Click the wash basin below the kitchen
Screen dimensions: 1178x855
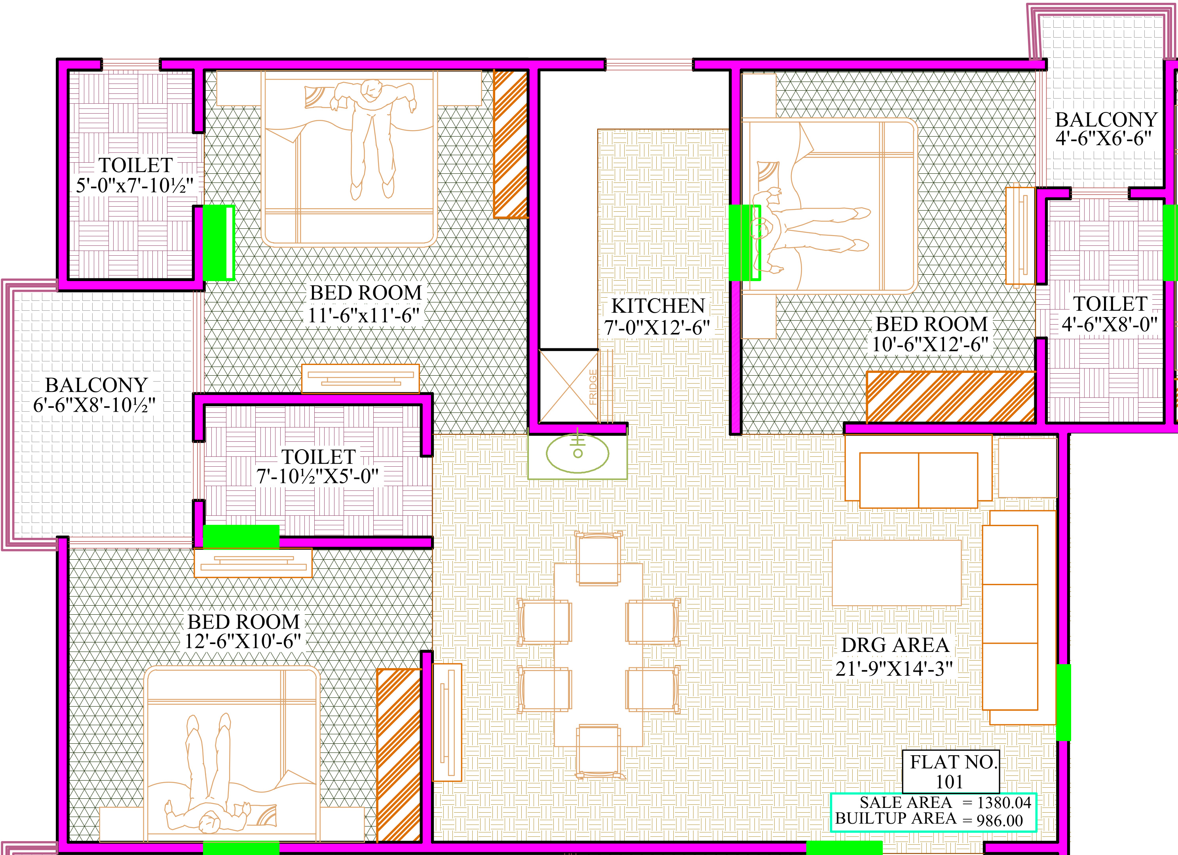pos(578,453)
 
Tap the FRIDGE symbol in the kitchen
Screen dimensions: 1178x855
pos(569,386)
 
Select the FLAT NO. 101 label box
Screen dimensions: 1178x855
pos(950,771)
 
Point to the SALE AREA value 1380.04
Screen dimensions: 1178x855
pos(1004,802)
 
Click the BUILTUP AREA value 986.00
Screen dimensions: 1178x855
pos(1000,821)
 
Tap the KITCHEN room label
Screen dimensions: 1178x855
pos(657,306)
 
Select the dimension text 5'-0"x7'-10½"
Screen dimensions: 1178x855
pos(135,185)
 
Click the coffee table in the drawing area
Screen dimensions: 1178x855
pos(897,573)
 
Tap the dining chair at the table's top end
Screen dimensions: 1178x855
pos(599,559)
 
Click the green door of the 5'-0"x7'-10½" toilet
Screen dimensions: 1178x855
pos(218,243)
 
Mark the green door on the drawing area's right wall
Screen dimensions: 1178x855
pos(1063,702)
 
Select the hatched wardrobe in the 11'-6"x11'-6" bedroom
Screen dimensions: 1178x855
pos(511,144)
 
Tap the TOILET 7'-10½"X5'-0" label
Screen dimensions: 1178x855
pos(318,466)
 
